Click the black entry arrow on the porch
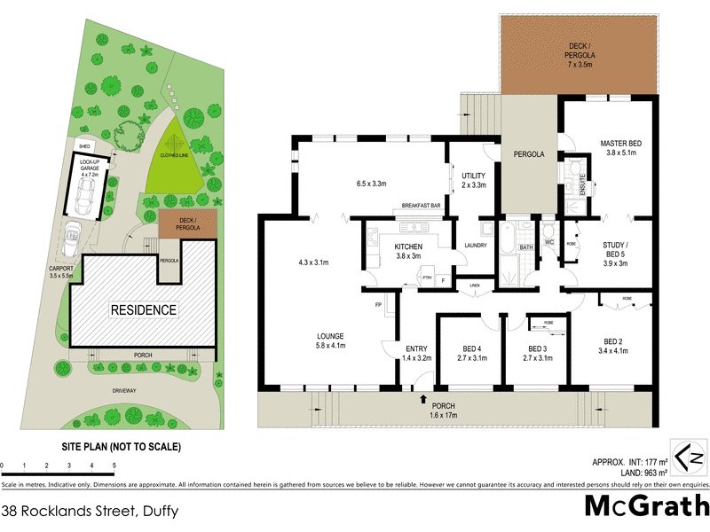(423, 400)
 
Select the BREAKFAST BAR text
(422, 206)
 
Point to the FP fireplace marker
(377, 304)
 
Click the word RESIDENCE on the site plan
(143, 309)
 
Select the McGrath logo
(647, 505)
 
